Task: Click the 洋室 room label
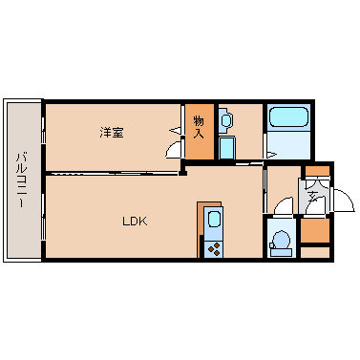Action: [x=112, y=133]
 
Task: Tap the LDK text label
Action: [x=135, y=222]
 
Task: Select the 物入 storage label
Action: [x=199, y=127]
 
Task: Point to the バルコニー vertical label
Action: [x=21, y=180]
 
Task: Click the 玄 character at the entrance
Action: [x=313, y=196]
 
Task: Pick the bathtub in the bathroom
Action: [x=288, y=117]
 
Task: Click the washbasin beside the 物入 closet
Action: [x=225, y=120]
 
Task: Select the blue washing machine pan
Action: [x=227, y=148]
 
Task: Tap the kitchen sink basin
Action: [x=213, y=220]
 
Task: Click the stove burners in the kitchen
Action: [x=213, y=249]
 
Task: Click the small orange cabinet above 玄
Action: [x=317, y=171]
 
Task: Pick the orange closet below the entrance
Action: [x=315, y=230]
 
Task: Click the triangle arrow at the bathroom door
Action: [x=271, y=156]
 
